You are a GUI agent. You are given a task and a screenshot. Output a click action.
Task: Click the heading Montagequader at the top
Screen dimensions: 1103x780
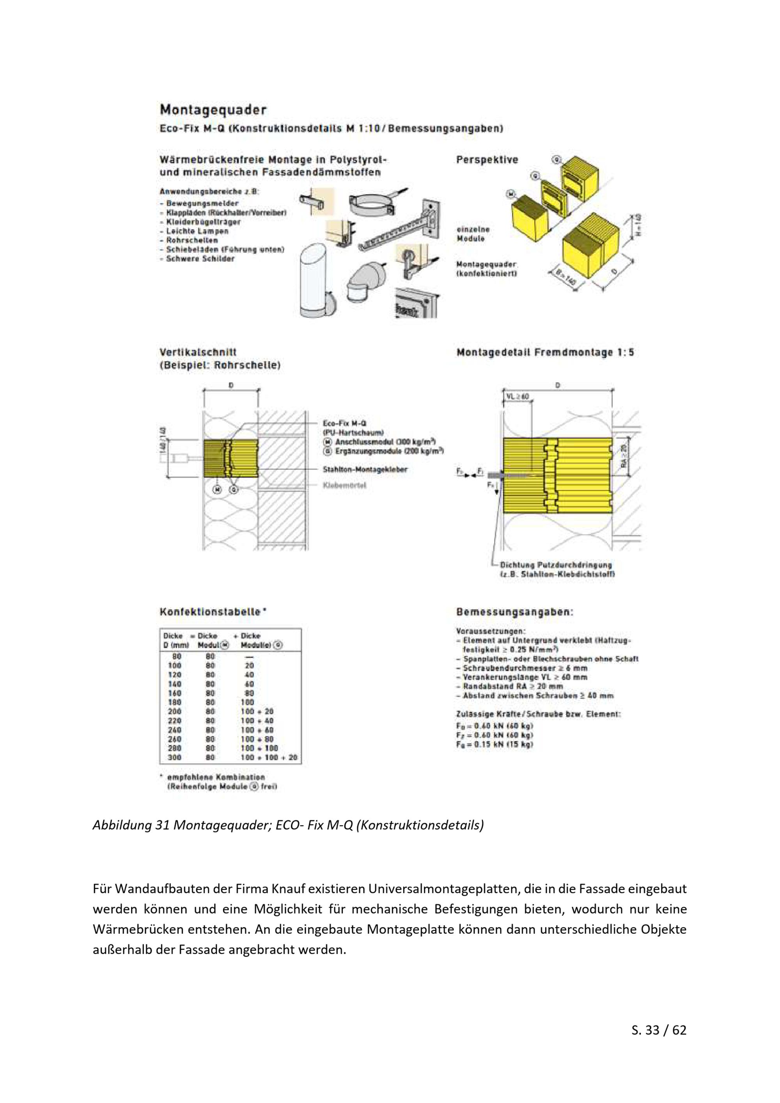tap(213, 110)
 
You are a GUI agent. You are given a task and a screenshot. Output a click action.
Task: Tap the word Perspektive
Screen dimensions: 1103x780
tap(487, 160)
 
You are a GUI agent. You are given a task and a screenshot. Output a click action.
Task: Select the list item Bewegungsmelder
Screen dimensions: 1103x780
tap(202, 204)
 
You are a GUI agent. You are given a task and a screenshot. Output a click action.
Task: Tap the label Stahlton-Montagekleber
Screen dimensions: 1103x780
tap(365, 469)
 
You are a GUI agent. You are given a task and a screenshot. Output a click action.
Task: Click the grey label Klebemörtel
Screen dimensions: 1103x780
tap(344, 485)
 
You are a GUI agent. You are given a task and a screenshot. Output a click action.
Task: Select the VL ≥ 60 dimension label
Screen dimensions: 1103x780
tap(517, 397)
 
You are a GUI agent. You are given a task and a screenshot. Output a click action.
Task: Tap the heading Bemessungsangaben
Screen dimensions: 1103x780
tap(514, 612)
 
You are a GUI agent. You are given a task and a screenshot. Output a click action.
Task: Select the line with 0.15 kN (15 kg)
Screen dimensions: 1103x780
tap(494, 745)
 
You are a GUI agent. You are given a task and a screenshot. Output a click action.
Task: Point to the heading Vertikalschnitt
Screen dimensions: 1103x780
tap(198, 352)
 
